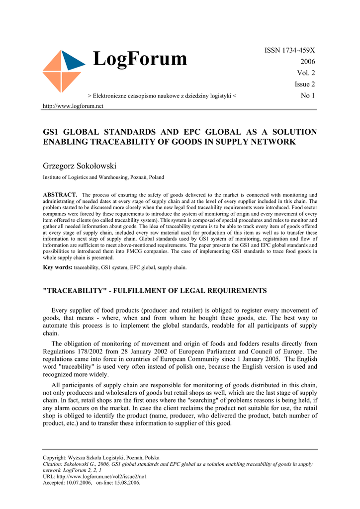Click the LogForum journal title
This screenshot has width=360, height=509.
(140, 60)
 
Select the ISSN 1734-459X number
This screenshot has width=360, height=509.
(289, 50)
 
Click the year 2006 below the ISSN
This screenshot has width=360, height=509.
(307, 62)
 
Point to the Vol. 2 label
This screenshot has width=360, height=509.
(306, 73)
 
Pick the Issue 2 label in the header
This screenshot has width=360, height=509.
(305, 85)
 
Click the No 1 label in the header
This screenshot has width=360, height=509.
(308, 95)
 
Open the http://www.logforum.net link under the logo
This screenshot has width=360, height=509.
(73, 106)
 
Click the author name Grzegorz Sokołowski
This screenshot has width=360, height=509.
(80, 166)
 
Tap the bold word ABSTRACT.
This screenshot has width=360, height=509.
(60, 194)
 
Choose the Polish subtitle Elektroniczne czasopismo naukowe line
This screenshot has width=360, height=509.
(162, 96)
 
